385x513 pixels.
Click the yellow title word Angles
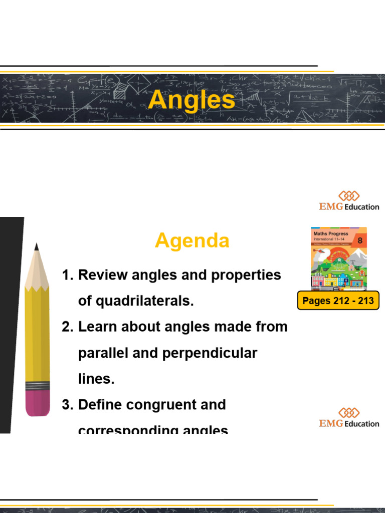(x=191, y=100)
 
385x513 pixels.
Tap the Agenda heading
(x=192, y=241)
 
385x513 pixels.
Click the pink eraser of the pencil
(x=38, y=404)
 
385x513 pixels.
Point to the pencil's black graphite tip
(x=37, y=246)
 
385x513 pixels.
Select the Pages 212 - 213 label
(x=338, y=301)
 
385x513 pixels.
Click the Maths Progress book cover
(x=338, y=258)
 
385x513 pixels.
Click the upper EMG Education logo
(x=349, y=200)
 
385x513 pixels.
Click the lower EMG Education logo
(x=349, y=418)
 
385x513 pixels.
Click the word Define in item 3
(x=101, y=405)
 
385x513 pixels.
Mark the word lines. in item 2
(x=96, y=379)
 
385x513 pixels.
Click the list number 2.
(x=67, y=327)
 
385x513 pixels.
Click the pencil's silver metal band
(x=38, y=386)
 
